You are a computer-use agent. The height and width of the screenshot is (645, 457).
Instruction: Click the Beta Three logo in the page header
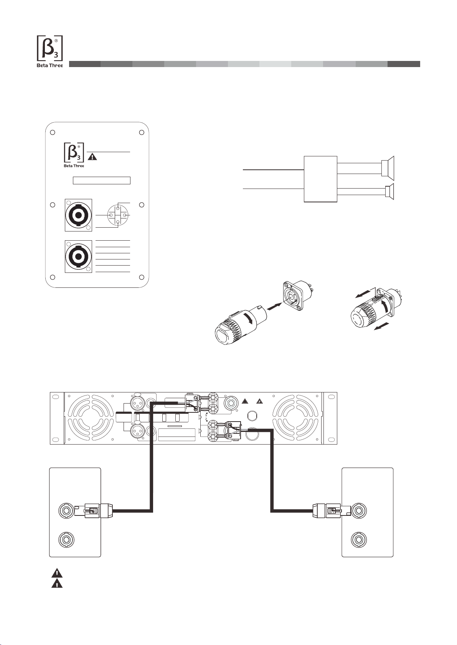50,51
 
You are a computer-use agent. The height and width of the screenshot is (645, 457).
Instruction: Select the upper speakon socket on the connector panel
78,215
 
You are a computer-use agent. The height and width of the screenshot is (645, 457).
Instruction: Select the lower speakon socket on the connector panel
78,257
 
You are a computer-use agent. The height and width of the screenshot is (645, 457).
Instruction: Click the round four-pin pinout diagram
117,215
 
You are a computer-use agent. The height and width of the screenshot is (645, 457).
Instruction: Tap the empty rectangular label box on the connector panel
102,181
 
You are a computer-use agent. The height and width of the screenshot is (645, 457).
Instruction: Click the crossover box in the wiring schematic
320,179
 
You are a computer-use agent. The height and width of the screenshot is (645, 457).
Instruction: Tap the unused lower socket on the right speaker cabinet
359,540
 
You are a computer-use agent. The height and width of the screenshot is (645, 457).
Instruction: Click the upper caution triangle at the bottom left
57,574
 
